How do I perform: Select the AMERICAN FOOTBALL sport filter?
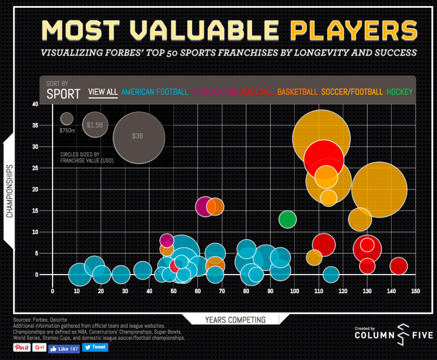[x=154, y=92]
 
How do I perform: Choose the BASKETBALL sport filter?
[x=297, y=92]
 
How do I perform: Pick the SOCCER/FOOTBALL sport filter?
[x=352, y=92]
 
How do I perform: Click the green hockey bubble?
[x=287, y=219]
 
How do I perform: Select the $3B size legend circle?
[x=139, y=138]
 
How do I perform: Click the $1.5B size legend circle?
[x=94, y=125]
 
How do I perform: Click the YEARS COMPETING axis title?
[x=235, y=320]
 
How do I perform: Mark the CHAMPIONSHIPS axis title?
[x=9, y=191]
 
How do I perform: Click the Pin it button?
[x=22, y=347]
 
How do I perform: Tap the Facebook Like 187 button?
[x=64, y=347]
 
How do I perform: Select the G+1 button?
[x=40, y=347]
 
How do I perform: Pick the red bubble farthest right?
[x=398, y=266]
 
